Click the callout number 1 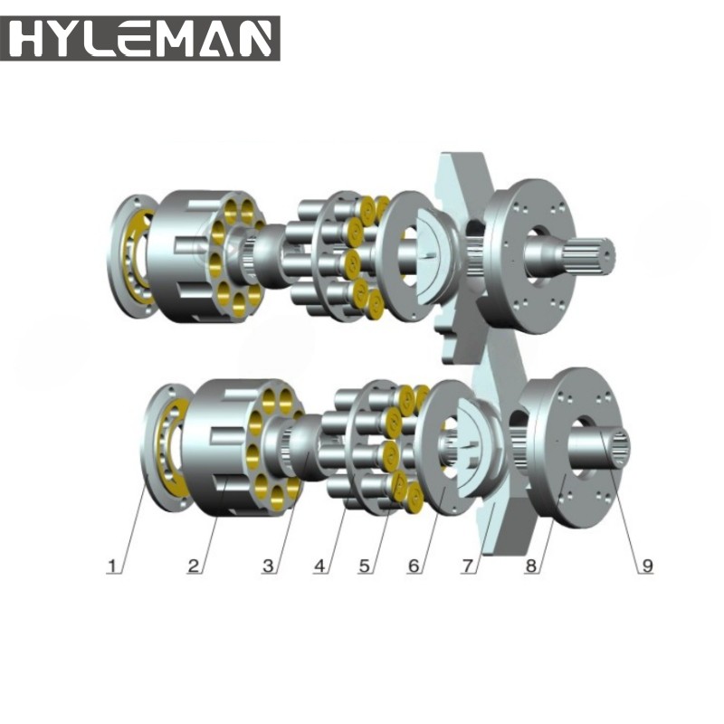113,567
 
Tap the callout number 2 193,567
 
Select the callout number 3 268,567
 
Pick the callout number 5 365,567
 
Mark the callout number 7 468,567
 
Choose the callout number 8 532,567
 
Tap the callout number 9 647,567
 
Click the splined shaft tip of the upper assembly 598,254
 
